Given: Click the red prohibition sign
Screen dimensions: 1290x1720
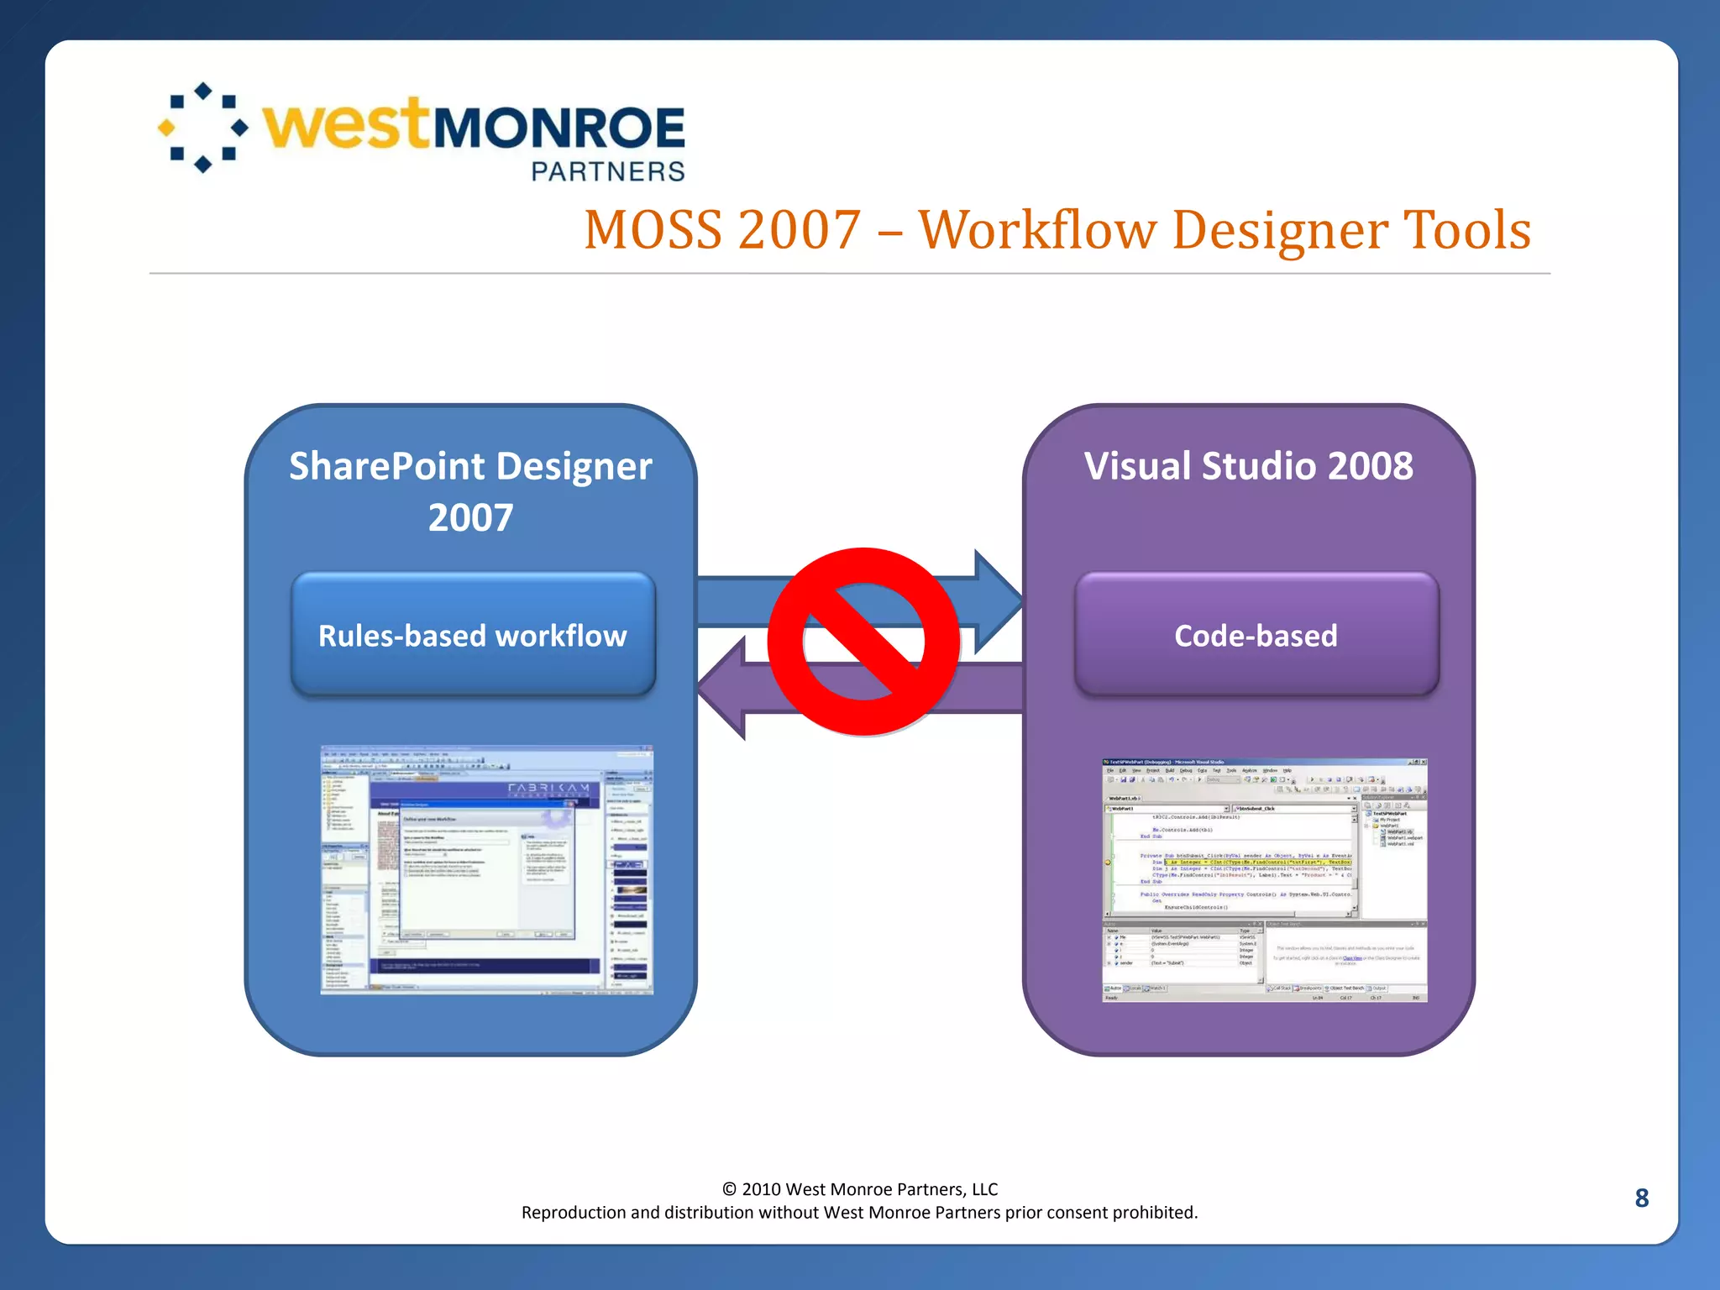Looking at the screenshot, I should click(863, 642).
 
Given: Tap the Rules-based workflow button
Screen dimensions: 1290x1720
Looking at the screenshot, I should click(473, 635).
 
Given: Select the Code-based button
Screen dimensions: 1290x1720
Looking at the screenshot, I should click(1256, 635).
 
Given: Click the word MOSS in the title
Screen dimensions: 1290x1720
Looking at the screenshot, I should click(653, 230).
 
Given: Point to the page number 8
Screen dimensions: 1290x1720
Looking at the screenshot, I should click(1641, 1198).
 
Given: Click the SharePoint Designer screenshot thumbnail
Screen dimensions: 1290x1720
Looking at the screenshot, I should click(486, 870).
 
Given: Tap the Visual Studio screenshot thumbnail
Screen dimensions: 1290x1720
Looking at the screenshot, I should click(1264, 879).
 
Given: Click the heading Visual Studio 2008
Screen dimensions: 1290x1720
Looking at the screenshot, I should click(1248, 466).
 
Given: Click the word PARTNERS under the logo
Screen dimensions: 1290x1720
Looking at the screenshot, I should click(608, 171).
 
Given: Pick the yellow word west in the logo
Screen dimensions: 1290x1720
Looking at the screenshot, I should click(346, 125).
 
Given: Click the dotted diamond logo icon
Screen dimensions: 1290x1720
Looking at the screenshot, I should click(202, 128).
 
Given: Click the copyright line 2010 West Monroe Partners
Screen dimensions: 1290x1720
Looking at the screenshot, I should click(860, 1188).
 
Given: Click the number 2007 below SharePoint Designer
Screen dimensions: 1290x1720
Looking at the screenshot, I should click(470, 517).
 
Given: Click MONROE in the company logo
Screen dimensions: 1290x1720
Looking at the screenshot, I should click(558, 128).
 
